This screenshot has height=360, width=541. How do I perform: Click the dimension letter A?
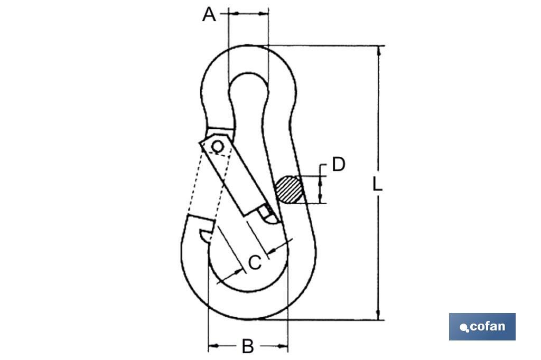[x=209, y=15]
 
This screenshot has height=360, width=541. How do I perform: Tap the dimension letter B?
[x=248, y=346]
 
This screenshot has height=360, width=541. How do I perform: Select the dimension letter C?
[x=255, y=263]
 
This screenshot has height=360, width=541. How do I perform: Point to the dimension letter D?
[x=339, y=165]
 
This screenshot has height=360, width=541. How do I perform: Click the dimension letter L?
[x=377, y=184]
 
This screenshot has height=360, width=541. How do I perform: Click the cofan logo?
[x=482, y=327]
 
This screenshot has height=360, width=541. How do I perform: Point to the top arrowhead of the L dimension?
[x=379, y=50]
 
